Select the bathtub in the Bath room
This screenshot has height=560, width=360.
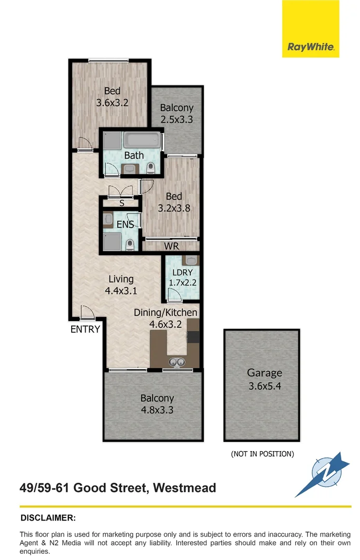pos(142,140)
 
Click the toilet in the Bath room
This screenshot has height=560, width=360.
pos(151,167)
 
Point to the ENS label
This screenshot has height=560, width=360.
pos(125,225)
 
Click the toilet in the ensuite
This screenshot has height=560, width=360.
pos(131,244)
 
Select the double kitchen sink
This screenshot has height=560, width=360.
pos(175,362)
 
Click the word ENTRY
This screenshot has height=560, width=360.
pos(85,329)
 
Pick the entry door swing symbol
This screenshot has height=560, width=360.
pos(87,313)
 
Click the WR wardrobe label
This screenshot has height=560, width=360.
pos(171,246)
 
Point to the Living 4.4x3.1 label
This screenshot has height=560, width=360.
pos(121,285)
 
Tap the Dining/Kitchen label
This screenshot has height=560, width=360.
pos(165,313)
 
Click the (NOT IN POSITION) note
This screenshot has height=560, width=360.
pos(262,454)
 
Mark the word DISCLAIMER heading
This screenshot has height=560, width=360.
pos(48,517)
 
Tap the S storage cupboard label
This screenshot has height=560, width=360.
pos(122,204)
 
